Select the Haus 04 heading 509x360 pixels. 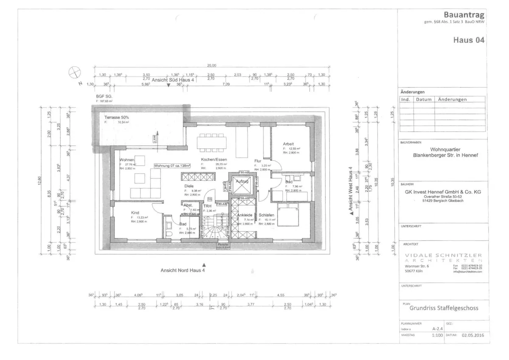469,40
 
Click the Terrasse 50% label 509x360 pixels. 114,117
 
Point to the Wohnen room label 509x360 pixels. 127,160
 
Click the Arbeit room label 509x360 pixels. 288,144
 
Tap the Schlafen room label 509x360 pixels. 266,215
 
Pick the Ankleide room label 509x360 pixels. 245,215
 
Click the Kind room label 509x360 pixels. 135,213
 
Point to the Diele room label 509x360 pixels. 189,186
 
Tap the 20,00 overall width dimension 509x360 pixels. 211,66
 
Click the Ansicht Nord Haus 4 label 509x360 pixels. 182,270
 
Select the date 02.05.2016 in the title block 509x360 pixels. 473,335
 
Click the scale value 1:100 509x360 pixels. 437,335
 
